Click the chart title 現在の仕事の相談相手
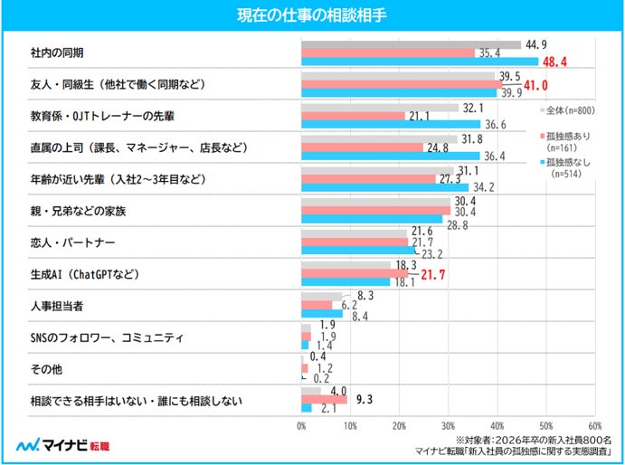point(312,15)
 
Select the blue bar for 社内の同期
point(420,62)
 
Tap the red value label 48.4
point(554,62)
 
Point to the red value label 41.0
point(535,85)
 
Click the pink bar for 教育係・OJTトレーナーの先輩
point(353,116)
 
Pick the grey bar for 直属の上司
point(380,139)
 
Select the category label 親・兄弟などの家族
point(78,211)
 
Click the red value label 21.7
point(433,275)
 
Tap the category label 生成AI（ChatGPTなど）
point(85,274)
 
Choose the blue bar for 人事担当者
point(322,314)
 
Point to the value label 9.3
point(365,400)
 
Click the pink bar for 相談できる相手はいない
point(324,400)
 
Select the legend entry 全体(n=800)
point(567,110)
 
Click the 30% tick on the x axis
point(448,426)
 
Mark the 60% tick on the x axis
point(595,426)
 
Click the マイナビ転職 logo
point(62,445)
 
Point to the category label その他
point(46,369)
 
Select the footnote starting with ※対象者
point(534,441)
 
